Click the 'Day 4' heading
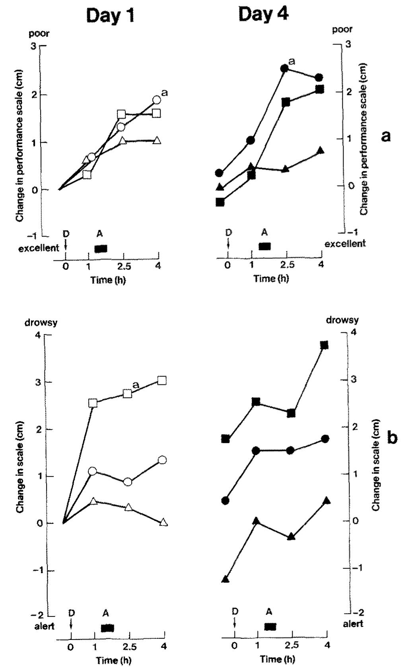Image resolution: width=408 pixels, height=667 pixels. (x=263, y=15)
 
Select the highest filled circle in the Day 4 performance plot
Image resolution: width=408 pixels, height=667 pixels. (x=284, y=68)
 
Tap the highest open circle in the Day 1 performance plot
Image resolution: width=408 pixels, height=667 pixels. (x=156, y=99)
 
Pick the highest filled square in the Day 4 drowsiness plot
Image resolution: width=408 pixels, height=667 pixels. (x=324, y=345)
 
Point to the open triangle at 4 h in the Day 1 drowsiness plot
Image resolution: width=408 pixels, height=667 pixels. (x=163, y=522)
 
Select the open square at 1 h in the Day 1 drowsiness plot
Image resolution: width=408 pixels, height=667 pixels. (x=93, y=403)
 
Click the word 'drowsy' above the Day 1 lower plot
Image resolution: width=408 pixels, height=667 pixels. (x=41, y=322)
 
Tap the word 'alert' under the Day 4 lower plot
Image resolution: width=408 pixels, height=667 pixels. (x=353, y=624)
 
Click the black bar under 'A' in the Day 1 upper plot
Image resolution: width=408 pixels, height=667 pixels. (x=101, y=248)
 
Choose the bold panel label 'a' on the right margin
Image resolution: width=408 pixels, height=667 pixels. (x=385, y=136)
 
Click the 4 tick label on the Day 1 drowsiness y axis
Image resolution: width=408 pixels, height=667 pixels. (x=39, y=335)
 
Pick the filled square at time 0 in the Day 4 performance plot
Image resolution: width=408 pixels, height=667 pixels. (x=220, y=202)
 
